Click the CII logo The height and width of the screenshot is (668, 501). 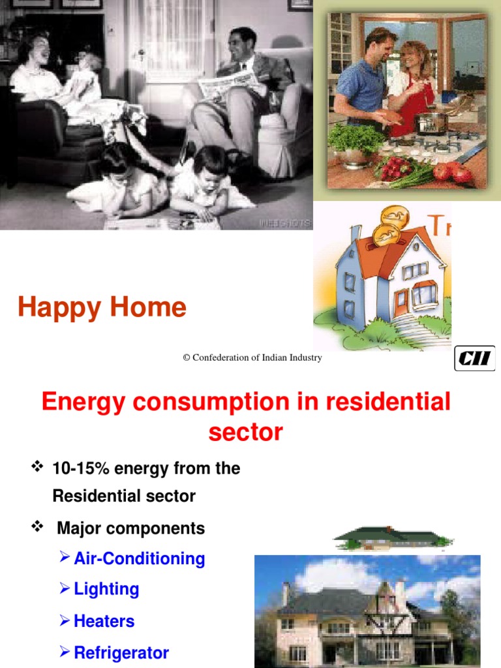point(474,358)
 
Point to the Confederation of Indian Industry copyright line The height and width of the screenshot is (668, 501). point(252,357)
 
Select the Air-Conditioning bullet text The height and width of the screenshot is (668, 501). point(139,559)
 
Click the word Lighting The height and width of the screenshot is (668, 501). point(106,590)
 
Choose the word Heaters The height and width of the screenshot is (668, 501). point(104,621)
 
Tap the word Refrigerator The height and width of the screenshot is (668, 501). point(121,652)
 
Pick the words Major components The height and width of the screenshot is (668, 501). point(130,528)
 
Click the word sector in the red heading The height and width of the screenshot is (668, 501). point(246,432)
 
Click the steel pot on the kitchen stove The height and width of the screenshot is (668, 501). point(432,121)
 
